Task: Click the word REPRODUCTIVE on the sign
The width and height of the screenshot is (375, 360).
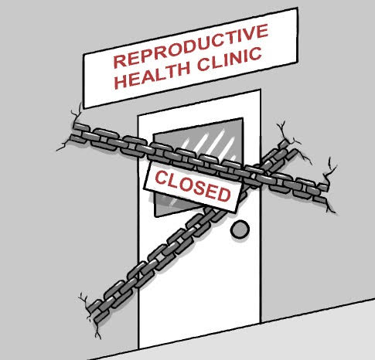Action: [191, 46]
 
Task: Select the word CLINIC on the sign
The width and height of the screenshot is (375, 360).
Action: [230, 59]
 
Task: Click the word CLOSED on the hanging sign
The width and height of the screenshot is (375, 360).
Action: [193, 186]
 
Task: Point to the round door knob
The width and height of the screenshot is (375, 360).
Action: [240, 229]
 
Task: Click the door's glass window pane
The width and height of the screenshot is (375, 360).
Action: [199, 168]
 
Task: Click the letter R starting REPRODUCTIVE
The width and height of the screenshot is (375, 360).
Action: [119, 61]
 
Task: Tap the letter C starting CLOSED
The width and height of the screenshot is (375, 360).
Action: [160, 178]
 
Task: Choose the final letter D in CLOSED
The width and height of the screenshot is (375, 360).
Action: [223, 194]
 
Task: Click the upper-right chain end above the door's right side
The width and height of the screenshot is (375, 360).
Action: [288, 149]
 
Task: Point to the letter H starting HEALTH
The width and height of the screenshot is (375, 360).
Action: [121, 82]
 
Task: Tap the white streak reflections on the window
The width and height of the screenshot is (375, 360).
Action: [209, 144]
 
